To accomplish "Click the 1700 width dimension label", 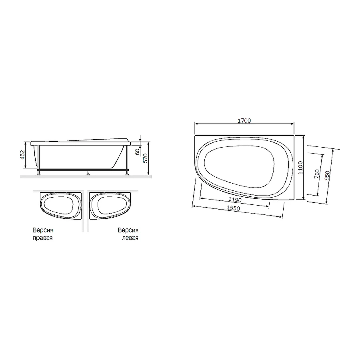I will [244, 120].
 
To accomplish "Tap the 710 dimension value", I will [316, 174].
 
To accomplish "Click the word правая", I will [43, 238].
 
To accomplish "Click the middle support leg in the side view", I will [88, 173].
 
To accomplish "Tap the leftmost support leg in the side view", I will [38, 173].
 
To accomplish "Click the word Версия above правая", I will [43, 231].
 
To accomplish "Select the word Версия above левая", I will [128, 231].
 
